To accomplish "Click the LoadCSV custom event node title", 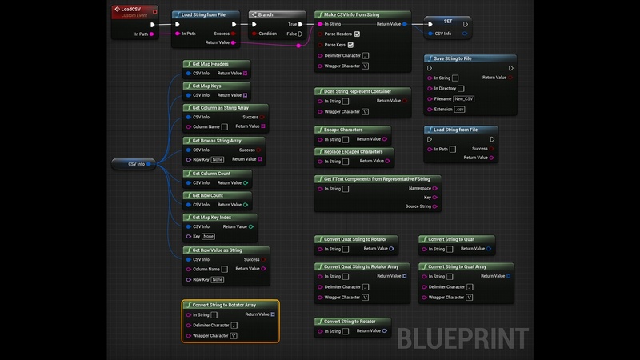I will pos(131,10).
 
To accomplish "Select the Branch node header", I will pos(266,14).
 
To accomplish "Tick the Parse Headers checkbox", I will pos(357,34).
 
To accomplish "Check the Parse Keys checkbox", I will pos(350,45).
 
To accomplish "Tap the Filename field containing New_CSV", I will pos(464,98).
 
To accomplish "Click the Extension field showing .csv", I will pos(459,109).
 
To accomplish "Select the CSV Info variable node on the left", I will pos(137,163).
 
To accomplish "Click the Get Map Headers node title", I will pos(210,63).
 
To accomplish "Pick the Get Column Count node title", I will pos(211,173).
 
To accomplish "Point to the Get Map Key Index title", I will pos(213,217).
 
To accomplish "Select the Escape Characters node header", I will pos(343,130).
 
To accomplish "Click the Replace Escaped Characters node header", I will pos(353,151).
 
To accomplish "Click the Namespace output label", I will pos(420,189).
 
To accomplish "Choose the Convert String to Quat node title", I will pos(452,239).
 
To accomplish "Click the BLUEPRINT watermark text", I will pos(462,338).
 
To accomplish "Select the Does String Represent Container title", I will pos(358,91).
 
